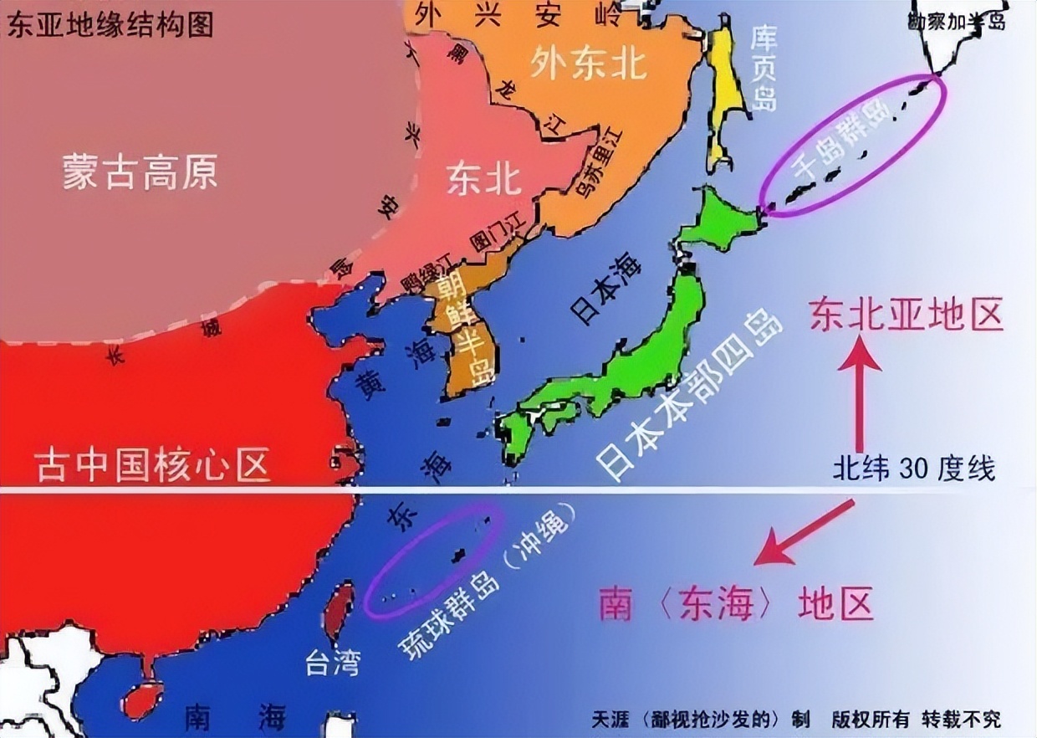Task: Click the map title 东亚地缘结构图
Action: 109,24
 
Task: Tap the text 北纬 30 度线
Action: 913,469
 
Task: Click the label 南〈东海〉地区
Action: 737,604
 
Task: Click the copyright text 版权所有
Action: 870,719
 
